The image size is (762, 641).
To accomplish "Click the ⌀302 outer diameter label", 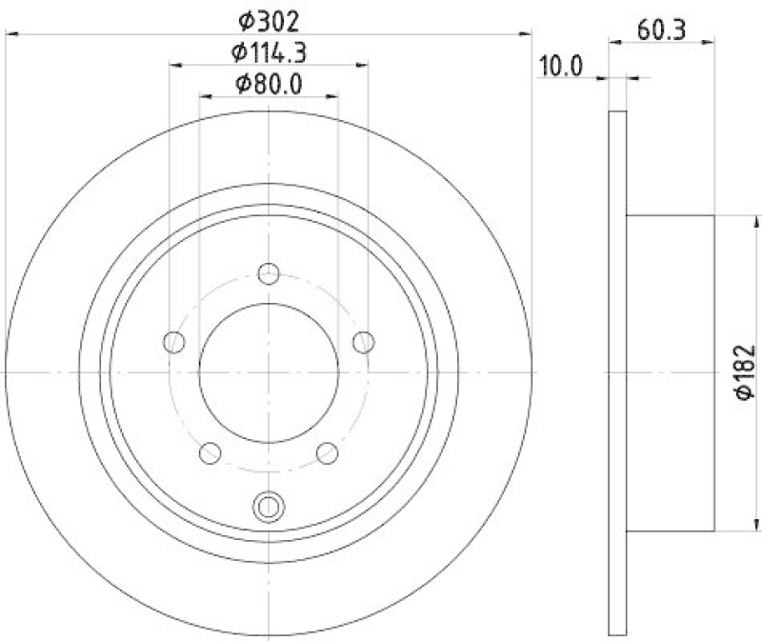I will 269,17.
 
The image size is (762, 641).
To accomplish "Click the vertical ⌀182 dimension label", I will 745,371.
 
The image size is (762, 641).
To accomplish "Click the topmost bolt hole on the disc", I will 270,273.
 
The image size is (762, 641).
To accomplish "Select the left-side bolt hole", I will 173,341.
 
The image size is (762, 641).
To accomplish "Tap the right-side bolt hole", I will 363,341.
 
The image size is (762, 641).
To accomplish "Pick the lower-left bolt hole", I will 211,451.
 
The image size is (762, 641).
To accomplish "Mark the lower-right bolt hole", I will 327,451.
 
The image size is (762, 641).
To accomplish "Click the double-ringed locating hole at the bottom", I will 270,505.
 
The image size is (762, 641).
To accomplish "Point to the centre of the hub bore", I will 270,371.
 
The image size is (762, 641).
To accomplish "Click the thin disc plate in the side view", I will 617,371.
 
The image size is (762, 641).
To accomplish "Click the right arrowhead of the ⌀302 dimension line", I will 526,34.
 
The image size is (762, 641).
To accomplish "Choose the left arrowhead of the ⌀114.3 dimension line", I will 175,66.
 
